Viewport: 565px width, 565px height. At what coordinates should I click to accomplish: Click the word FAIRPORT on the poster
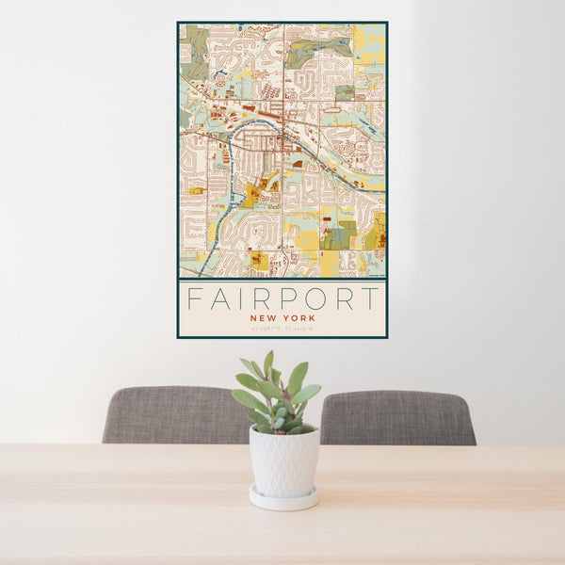pos(282,299)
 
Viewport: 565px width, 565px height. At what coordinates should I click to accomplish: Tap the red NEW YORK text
pos(282,318)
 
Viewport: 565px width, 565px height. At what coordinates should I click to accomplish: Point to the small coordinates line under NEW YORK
pos(282,329)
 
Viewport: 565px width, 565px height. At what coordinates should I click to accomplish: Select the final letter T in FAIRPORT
pos(371,299)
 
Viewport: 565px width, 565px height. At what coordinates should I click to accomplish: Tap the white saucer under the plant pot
pos(283,498)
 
